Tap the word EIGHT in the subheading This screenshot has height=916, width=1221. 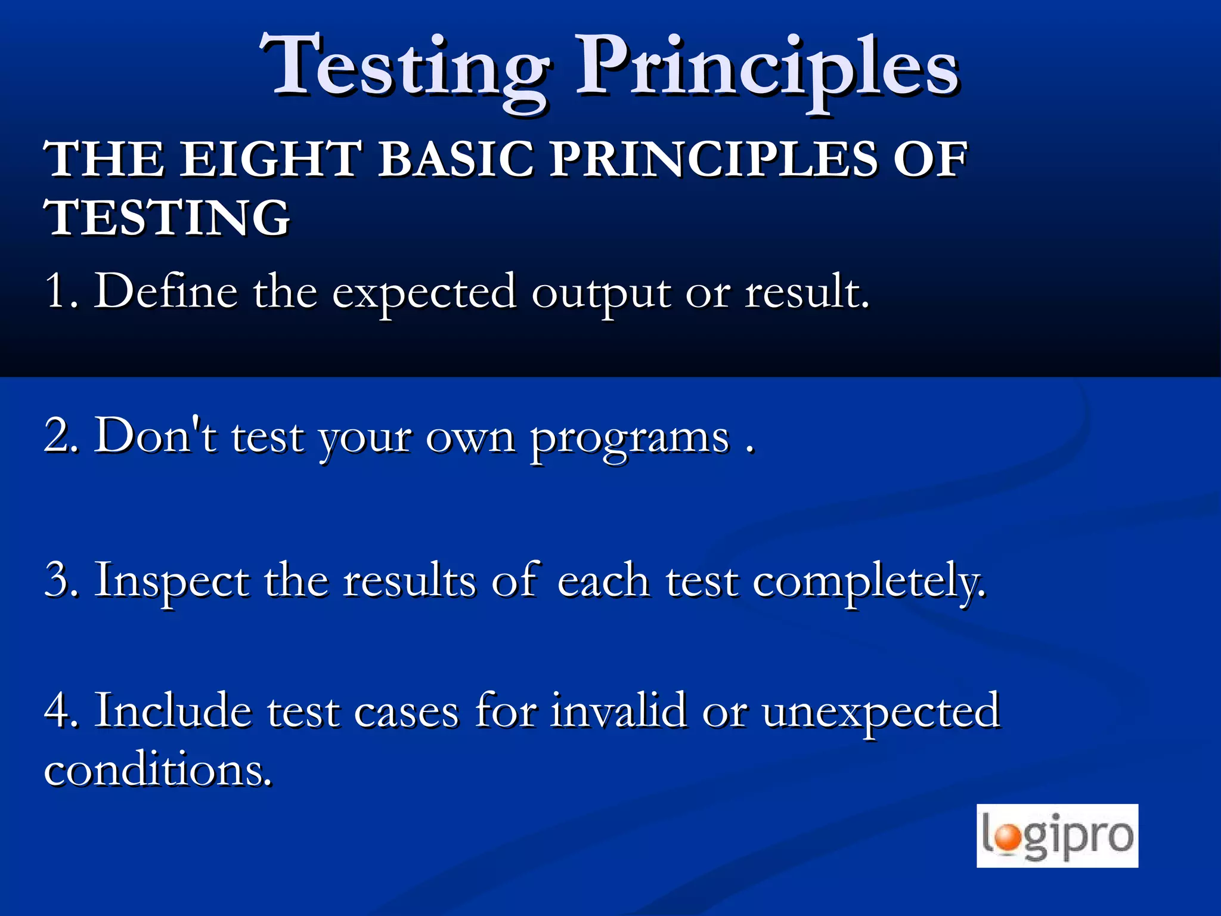pyautogui.click(x=271, y=159)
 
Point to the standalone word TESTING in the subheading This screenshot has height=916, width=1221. pyautogui.click(x=167, y=218)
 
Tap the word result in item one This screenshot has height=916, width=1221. pyautogui.click(x=805, y=291)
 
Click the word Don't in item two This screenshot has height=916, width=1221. pyautogui.click(x=156, y=435)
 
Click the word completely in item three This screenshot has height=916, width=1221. pyautogui.click(x=867, y=581)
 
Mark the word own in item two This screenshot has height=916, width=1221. pyautogui.click(x=470, y=438)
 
